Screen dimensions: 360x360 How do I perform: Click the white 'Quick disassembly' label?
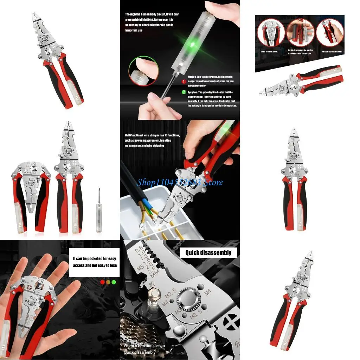(x=208, y=252)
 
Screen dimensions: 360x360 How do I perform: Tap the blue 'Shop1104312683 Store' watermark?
(x=180, y=182)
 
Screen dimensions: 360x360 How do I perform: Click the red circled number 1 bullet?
(x=184, y=81)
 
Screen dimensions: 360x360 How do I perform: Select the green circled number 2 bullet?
(x=184, y=92)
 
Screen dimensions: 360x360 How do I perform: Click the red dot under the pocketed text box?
(x=102, y=282)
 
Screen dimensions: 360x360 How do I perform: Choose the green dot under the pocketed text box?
(x=114, y=282)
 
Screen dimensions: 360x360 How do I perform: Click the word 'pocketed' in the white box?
(x=94, y=259)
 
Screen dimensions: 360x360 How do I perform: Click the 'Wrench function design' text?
(x=144, y=345)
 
